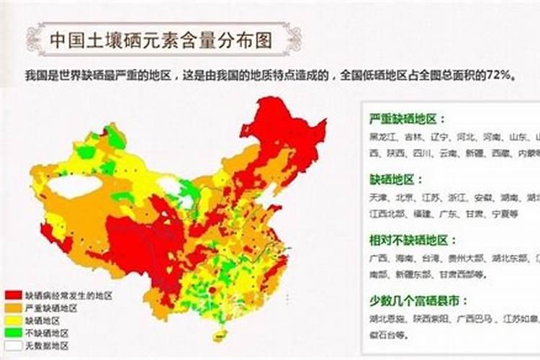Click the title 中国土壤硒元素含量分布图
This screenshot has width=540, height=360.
[162, 40]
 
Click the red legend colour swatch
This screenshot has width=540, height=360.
[13, 295]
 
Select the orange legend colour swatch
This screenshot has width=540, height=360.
[13, 307]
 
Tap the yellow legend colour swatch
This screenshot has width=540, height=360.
[13, 320]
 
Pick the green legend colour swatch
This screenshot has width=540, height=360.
[13, 333]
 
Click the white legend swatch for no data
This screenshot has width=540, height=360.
[13, 346]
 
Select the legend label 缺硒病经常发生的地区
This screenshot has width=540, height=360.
[69, 295]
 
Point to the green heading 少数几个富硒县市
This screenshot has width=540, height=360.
[414, 300]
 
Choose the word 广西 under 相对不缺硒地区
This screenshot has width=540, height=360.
[378, 257]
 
